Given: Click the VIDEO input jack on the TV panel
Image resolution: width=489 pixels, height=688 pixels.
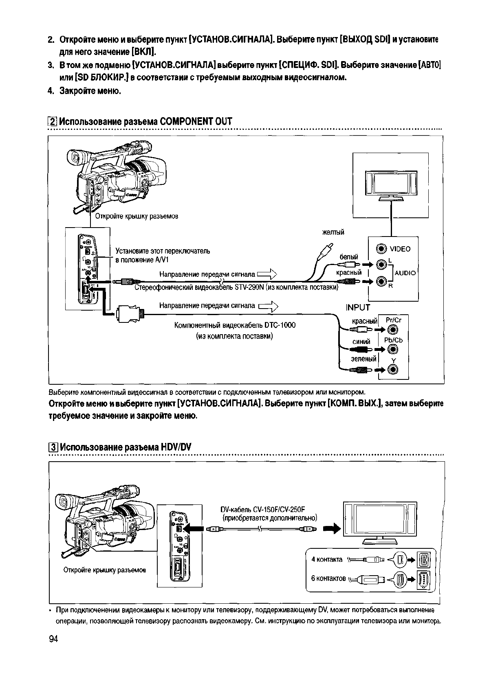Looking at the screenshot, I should click(381, 249).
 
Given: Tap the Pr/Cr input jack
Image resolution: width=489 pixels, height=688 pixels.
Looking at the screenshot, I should click(393, 330).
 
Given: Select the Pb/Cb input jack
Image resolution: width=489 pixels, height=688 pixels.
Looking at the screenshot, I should click(393, 349).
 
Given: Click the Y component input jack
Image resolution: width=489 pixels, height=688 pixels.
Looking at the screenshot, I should click(393, 370).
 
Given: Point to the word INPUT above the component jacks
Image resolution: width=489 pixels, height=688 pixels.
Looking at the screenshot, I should click(358, 307).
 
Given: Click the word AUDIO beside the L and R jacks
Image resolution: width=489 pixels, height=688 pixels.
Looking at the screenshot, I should click(405, 273).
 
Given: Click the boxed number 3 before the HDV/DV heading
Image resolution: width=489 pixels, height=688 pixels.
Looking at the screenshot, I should click(53, 447).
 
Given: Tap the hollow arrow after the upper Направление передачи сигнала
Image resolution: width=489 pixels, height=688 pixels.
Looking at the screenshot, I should click(267, 274).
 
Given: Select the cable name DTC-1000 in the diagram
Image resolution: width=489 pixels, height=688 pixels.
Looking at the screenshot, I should click(280, 325).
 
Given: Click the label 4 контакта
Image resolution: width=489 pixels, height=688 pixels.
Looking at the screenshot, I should click(327, 559).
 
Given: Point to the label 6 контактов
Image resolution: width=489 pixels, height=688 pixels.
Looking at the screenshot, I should click(328, 578).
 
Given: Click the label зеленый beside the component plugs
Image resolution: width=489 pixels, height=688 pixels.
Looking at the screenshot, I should click(363, 359).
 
